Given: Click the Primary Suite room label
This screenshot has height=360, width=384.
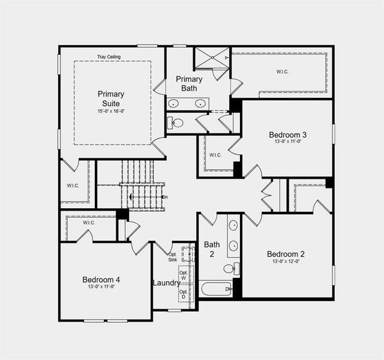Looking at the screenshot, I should (x=111, y=98).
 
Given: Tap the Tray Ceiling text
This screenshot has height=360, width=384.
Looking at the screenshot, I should (x=109, y=57).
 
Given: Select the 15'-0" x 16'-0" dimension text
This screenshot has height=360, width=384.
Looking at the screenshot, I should (x=111, y=112).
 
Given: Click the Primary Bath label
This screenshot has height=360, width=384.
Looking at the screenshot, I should (x=189, y=83).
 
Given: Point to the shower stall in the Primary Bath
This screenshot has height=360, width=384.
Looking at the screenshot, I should (x=211, y=58).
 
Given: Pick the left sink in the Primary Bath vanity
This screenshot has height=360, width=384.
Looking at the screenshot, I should (x=175, y=103).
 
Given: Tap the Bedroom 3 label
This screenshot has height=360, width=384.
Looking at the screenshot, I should (x=288, y=134).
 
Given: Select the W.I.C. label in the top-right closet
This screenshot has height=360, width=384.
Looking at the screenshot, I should (x=282, y=72).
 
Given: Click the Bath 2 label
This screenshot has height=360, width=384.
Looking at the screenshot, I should (x=212, y=249).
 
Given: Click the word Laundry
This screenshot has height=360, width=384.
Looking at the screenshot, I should (x=166, y=283).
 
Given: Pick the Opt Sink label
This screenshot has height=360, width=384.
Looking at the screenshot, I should (x=172, y=257).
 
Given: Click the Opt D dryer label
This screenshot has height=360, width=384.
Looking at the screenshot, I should (x=183, y=295).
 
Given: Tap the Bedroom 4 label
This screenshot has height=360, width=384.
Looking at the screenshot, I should (x=101, y=280).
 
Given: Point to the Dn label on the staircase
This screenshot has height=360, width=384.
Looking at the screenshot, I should (x=164, y=197).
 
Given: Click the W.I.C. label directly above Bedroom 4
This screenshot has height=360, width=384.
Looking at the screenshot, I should (x=89, y=223).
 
